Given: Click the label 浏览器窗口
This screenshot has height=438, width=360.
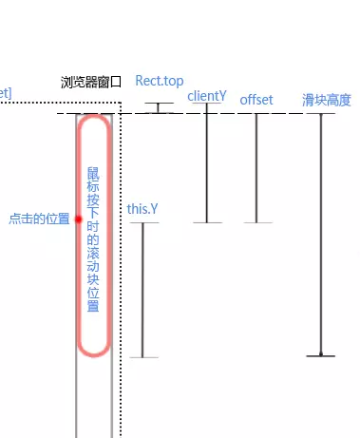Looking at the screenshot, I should click(90, 83).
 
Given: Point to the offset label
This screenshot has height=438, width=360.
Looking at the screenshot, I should click(256, 100).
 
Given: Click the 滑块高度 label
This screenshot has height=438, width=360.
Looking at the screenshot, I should click(327, 100).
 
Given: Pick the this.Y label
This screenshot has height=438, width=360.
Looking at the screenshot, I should click(143, 208).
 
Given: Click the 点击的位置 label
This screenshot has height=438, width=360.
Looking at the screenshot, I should click(39, 219).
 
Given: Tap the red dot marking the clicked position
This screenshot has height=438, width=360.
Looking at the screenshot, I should click(79, 219).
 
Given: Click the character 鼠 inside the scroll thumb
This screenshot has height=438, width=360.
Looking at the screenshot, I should click(93, 174).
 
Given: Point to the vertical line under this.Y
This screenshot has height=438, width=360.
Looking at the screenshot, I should click(142, 290).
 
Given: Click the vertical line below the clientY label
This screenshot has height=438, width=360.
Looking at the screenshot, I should click(206, 162).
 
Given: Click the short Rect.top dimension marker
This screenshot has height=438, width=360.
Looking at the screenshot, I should click(160, 107).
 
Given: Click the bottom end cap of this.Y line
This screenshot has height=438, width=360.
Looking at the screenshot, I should click(142, 357).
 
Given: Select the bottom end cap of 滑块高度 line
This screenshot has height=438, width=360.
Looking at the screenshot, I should click(321, 355).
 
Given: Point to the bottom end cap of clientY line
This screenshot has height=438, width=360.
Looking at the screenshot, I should click(206, 222).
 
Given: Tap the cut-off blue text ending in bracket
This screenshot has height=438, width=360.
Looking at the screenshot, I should click(5, 91).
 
